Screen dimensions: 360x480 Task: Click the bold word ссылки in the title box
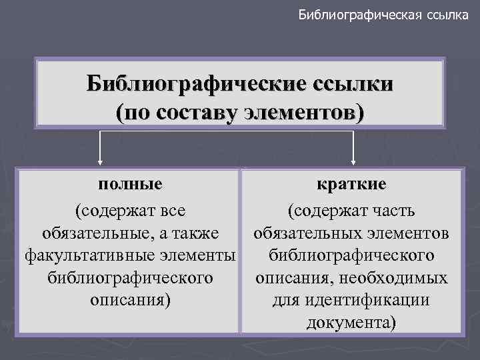pyautogui.click(x=349, y=85)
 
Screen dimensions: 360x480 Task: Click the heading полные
pyautogui.click(x=130, y=183)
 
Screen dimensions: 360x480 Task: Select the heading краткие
pyautogui.click(x=351, y=183)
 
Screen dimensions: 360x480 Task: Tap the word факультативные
pyautogui.click(x=77, y=255)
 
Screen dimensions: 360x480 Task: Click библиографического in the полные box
pyautogui.click(x=130, y=277)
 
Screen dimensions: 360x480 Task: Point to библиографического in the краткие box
pyautogui.click(x=351, y=255)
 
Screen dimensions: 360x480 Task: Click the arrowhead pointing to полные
pyautogui.click(x=101, y=160)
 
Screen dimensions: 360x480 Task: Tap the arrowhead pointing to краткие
pyautogui.click(x=353, y=160)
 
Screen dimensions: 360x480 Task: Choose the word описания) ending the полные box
pyautogui.click(x=130, y=300)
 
